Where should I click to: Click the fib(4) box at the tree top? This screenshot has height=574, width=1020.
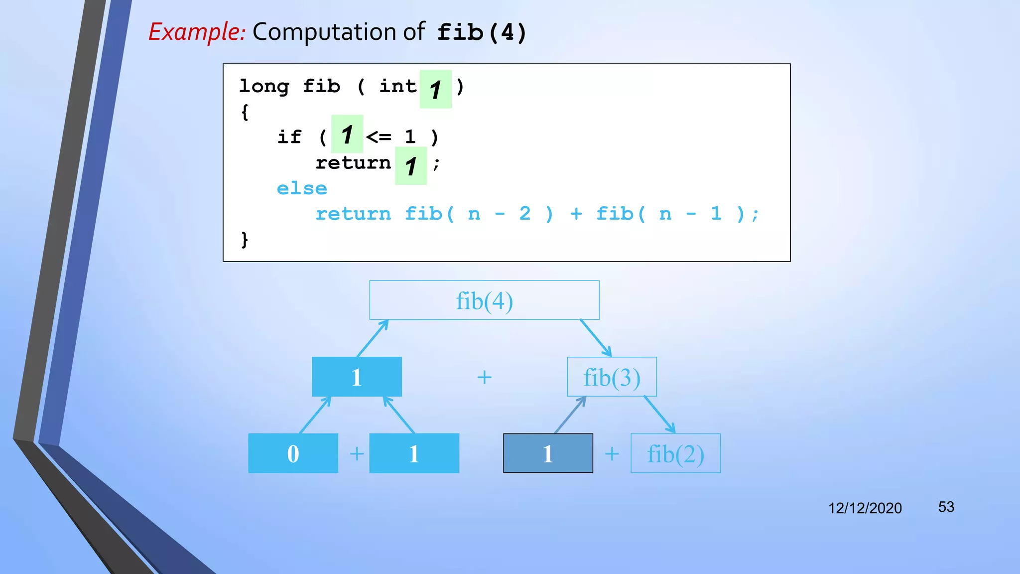click(x=484, y=300)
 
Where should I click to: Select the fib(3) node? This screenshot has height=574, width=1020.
click(x=612, y=377)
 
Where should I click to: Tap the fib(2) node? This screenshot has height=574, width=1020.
click(x=675, y=453)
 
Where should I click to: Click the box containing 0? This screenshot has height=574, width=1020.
click(x=293, y=453)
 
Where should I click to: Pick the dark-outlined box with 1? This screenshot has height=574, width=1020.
click(x=548, y=453)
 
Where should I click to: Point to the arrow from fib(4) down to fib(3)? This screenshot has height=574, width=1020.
click(x=596, y=338)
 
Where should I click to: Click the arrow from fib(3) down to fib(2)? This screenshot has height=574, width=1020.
click(x=659, y=415)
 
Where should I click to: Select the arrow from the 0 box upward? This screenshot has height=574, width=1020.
click(x=315, y=415)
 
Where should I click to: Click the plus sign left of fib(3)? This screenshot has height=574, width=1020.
click(x=484, y=377)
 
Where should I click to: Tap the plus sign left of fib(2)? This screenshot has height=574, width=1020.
click(x=612, y=454)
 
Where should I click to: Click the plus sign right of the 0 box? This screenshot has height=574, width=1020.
click(x=357, y=454)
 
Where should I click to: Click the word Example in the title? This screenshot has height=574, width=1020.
click(x=197, y=32)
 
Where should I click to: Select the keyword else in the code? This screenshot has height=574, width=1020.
click(x=302, y=189)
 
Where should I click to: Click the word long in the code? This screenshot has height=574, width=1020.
click(x=264, y=87)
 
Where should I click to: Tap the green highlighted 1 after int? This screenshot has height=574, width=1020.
click(x=435, y=90)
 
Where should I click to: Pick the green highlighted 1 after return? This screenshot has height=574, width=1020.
click(x=411, y=166)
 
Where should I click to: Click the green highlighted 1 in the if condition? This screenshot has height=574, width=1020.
click(x=347, y=135)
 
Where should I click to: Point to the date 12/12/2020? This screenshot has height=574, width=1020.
click(x=865, y=508)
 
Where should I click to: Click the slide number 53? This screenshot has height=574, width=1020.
click(x=946, y=507)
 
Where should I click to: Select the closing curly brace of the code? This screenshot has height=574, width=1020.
click(x=245, y=240)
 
